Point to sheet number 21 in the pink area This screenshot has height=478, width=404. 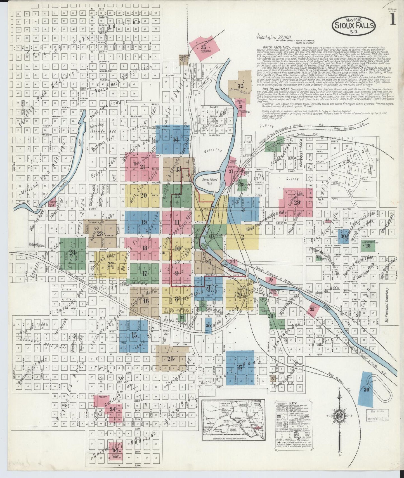click(x=143, y=167)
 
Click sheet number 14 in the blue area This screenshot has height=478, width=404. click(x=175, y=140)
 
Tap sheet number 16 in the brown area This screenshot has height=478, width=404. click(x=145, y=301)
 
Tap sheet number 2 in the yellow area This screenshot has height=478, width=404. click(x=242, y=237)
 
